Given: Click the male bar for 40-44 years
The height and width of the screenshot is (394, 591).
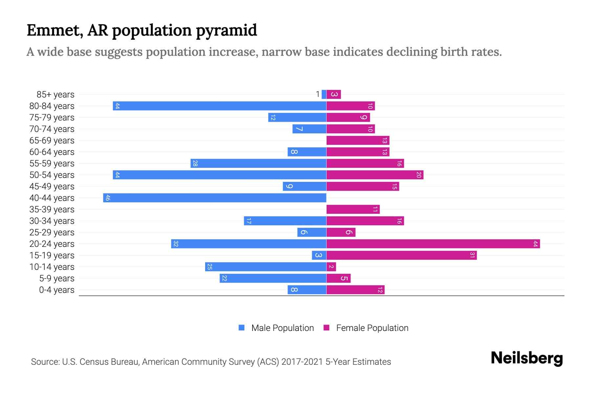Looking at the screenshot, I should pos(215,198).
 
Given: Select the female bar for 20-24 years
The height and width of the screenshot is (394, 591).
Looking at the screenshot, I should pos(433,244).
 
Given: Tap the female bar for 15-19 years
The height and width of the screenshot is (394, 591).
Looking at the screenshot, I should pos(401,255).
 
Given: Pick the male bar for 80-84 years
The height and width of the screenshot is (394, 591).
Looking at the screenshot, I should pos(219,106).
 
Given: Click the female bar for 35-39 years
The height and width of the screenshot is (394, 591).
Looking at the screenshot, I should pos(353,209).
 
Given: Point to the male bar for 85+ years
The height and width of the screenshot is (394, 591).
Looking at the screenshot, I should pos(324,94).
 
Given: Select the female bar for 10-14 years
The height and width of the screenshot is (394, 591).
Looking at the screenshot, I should pos(331,267).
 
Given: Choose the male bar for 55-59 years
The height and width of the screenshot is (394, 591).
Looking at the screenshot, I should pos(258,163).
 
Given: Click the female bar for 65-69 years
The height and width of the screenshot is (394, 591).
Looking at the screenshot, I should pos(358,140).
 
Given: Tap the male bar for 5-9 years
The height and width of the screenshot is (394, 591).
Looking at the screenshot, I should pos(273,278).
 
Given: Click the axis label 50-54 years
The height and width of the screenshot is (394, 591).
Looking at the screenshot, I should pos(52,175).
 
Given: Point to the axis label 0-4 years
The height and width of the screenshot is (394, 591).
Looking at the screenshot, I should pos(56,290).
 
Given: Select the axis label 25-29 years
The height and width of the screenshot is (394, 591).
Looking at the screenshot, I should pos(52,232).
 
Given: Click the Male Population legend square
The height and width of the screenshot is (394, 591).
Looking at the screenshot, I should pos(242,328).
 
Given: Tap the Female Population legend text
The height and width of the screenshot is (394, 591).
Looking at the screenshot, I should pos(372,328).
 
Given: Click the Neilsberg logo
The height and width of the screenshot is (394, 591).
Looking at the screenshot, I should pos(527,358).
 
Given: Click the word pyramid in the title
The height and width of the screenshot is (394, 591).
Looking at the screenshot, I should pos(226,30).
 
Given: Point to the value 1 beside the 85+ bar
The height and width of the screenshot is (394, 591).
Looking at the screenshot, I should pos(317,95).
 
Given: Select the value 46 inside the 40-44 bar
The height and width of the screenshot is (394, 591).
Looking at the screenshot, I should pos(108,198).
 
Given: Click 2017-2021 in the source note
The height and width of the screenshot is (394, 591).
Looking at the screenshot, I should pos(302,362).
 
